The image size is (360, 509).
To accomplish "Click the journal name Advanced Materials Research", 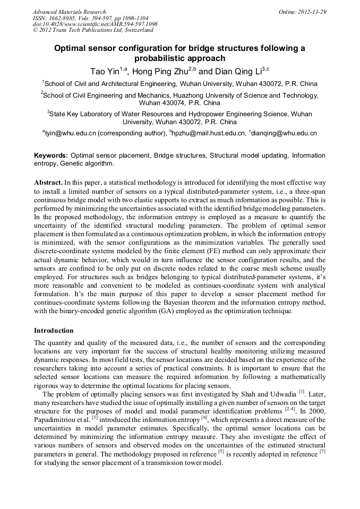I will point(69,12).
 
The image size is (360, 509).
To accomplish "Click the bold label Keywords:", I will point(50,156).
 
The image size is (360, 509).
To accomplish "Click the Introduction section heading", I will point(54,330).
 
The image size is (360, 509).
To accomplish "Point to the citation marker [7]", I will point(322,452).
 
